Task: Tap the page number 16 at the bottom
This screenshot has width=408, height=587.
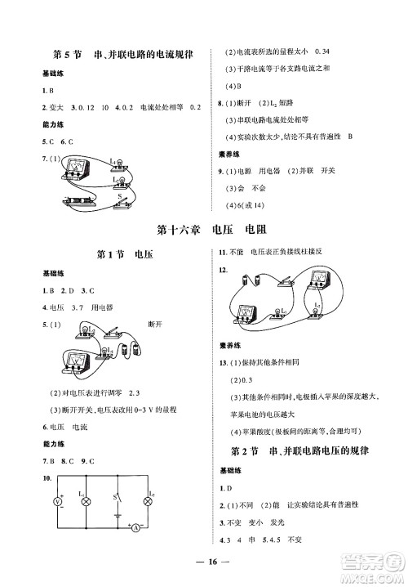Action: click(203, 563)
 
